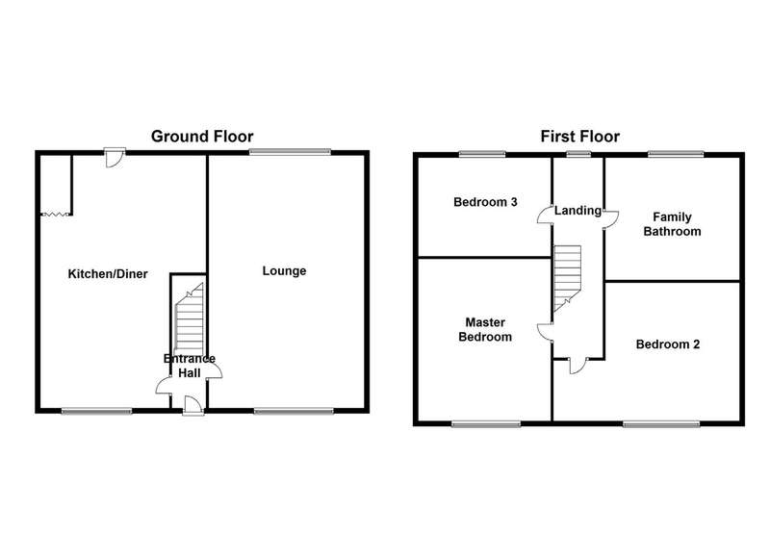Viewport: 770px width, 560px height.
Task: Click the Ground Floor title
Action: coord(202,136)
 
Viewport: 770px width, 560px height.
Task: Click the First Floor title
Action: coord(580,136)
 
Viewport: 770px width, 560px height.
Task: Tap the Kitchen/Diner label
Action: coord(108,274)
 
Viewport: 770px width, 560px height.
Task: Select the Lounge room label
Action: coord(284,271)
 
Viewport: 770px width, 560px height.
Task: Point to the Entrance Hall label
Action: coord(190,367)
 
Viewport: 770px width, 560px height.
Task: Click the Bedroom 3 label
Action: coord(485,202)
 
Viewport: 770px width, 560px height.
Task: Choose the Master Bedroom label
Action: coord(485,329)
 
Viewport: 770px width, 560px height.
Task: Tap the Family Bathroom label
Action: coord(672,224)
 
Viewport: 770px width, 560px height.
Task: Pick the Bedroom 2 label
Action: coord(668,344)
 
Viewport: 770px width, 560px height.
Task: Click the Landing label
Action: coord(578,211)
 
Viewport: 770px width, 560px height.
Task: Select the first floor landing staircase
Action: coord(568,278)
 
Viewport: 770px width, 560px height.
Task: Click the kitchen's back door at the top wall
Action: coord(115,157)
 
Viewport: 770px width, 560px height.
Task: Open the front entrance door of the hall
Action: coord(193,405)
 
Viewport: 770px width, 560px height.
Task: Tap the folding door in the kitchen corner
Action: coord(57,214)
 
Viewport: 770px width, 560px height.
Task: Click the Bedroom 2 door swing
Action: coord(577,367)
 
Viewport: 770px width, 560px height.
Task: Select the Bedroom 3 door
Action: coord(545,215)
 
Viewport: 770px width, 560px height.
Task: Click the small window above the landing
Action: coord(578,155)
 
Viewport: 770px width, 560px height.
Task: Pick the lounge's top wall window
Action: coord(290,152)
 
